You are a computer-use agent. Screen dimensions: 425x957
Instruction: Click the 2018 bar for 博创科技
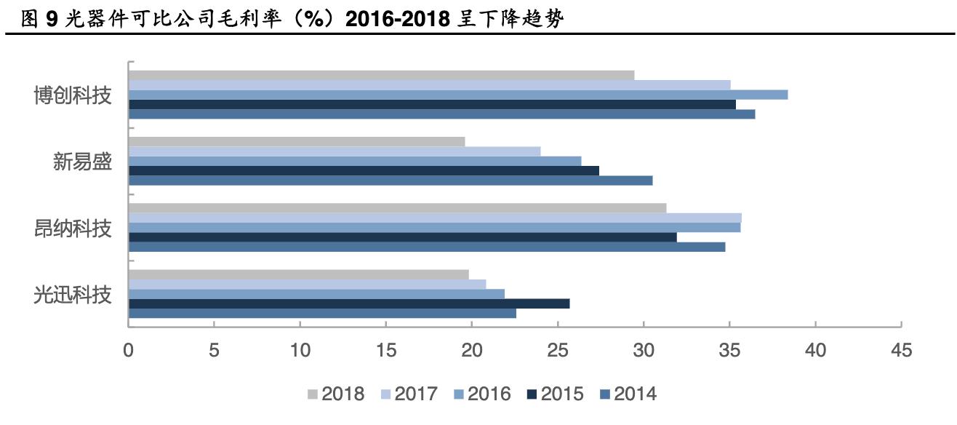(381, 75)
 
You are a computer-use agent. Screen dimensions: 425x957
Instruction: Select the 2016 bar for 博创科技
(458, 95)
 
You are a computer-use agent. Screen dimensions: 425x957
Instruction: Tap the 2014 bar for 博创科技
(441, 114)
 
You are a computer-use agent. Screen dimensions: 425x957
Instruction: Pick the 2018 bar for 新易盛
(297, 141)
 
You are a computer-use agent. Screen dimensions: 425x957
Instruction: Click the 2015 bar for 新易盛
(364, 170)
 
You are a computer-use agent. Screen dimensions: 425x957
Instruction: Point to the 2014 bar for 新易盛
(391, 180)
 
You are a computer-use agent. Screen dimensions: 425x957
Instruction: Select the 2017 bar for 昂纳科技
(435, 218)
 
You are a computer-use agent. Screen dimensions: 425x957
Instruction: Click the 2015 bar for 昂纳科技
(402, 237)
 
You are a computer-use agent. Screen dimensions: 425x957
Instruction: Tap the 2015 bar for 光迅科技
(349, 303)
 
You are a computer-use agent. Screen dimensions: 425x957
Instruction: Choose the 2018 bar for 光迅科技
(299, 274)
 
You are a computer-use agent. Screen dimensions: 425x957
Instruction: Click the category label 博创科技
(73, 95)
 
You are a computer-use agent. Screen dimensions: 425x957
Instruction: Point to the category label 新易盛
(82, 161)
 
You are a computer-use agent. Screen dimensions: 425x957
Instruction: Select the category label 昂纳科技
(73, 228)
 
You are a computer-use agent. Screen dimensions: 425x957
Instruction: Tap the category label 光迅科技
(73, 294)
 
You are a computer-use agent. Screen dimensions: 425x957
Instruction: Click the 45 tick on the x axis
(901, 350)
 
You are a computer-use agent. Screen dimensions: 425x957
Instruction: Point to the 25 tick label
(558, 350)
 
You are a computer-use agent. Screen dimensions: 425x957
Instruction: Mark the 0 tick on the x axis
(129, 350)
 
